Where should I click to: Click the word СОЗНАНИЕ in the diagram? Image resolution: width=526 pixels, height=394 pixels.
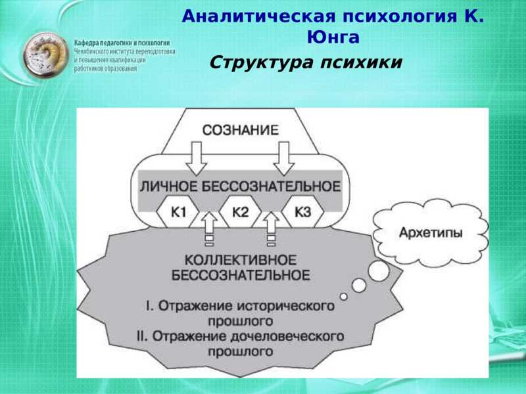(x=241, y=130)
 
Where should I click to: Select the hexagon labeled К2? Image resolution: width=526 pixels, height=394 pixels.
(x=240, y=211)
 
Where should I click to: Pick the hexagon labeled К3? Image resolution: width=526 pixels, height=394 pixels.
(x=302, y=211)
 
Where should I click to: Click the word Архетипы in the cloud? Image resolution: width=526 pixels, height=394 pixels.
(x=431, y=232)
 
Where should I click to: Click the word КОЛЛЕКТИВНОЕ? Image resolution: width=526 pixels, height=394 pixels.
(x=241, y=260)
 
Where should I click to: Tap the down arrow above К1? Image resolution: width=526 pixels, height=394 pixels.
(x=196, y=158)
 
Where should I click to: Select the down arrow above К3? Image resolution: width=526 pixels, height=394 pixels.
(x=284, y=158)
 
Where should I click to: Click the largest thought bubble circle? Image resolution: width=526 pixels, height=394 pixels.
(x=379, y=271)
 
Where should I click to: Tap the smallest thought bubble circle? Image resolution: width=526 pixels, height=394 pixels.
(x=343, y=297)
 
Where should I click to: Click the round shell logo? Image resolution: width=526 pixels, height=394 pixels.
(x=45, y=55)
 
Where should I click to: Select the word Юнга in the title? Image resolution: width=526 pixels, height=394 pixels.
(x=333, y=37)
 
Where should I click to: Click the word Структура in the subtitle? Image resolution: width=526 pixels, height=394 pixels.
(x=262, y=62)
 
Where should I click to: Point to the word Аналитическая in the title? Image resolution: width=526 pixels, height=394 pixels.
(x=258, y=16)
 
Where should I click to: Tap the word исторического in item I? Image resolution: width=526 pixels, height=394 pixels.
(x=286, y=306)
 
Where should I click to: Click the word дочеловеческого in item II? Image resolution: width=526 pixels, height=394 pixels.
(x=291, y=336)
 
